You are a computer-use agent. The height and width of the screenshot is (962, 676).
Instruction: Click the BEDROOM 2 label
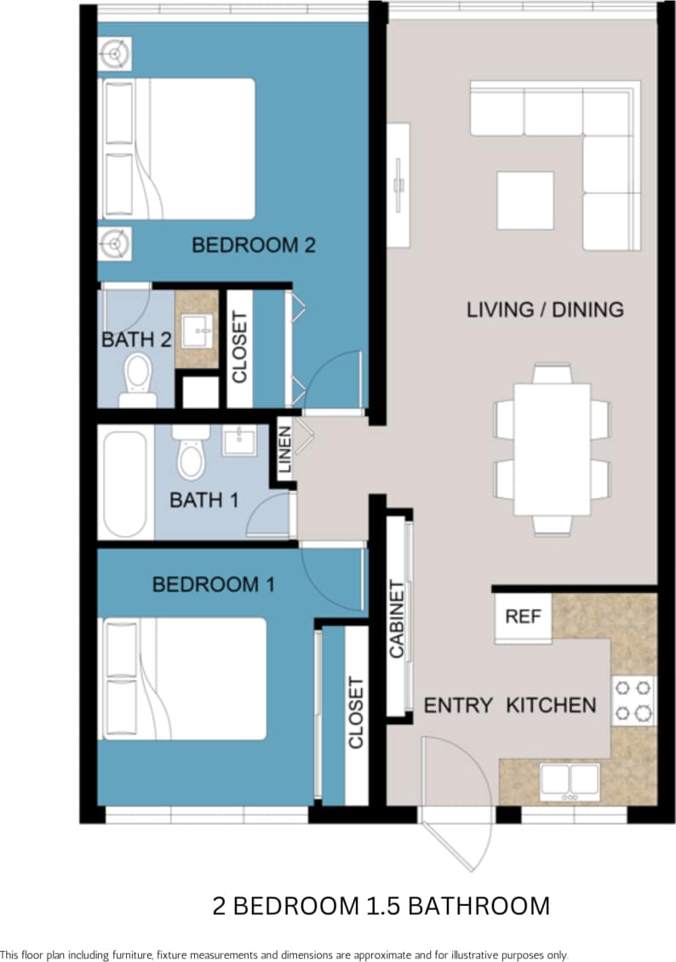pyautogui.click(x=254, y=245)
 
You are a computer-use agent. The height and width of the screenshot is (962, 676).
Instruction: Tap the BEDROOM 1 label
pyautogui.click(x=213, y=585)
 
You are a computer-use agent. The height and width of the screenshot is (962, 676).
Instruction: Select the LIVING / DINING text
pyautogui.click(x=545, y=309)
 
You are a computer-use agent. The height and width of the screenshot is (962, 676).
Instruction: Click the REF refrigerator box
pyautogui.click(x=523, y=617)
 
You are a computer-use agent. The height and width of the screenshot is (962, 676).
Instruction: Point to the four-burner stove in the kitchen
pyautogui.click(x=633, y=700)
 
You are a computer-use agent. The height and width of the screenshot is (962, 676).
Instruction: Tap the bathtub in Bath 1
pyautogui.click(x=126, y=483)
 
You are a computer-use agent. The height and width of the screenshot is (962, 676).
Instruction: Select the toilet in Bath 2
pyautogui.click(x=138, y=379)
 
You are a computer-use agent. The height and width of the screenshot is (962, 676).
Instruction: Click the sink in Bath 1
pyautogui.click(x=240, y=441)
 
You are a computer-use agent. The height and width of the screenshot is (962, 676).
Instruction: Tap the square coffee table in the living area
pyautogui.click(x=524, y=200)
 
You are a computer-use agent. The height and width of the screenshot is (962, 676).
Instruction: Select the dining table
pyautogui.click(x=552, y=449)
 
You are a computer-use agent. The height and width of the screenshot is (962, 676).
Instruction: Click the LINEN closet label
pyautogui.click(x=284, y=450)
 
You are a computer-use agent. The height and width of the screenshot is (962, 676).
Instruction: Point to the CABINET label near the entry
pyautogui.click(x=397, y=619)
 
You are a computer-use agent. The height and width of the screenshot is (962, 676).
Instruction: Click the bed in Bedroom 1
pyautogui.click(x=185, y=678)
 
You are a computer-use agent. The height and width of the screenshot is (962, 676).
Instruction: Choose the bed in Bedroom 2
pyautogui.click(x=179, y=149)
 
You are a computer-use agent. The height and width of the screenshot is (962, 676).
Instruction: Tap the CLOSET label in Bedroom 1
pyautogui.click(x=356, y=712)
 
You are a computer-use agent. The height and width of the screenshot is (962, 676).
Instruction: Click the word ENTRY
pyautogui.click(x=458, y=706)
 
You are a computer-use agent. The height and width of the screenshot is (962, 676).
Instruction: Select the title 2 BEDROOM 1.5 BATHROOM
pyautogui.click(x=381, y=905)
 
